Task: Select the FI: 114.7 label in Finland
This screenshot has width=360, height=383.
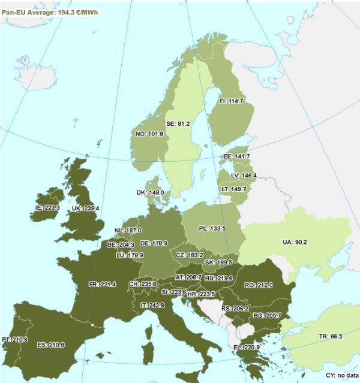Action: coord(231,101)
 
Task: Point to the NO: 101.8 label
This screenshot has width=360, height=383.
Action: coord(150,134)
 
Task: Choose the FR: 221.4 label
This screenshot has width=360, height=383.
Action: coord(102,284)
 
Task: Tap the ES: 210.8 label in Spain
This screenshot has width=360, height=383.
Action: coord(51,345)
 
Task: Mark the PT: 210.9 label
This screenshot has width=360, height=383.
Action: coord(14,339)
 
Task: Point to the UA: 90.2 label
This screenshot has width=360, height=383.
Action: coord(295,242)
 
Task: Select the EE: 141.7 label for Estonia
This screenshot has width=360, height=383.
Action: coord(236,156)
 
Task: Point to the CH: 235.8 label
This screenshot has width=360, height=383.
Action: coord(143,284)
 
